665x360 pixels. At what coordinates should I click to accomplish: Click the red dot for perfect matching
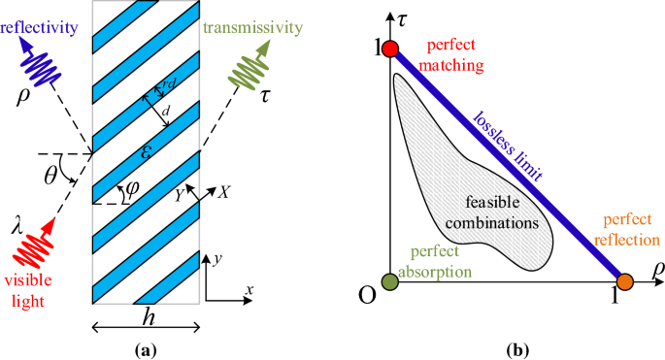(x=390, y=49)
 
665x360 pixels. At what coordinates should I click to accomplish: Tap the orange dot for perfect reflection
(x=625, y=281)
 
